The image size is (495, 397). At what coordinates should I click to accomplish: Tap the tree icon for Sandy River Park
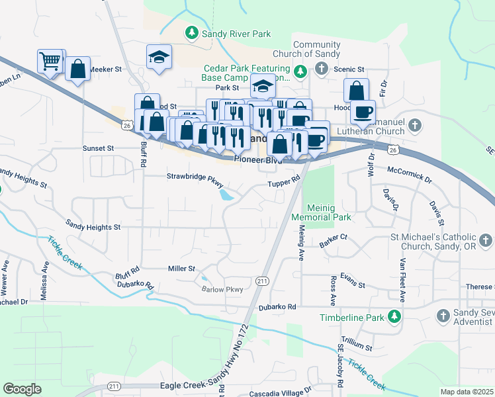(x=192, y=32)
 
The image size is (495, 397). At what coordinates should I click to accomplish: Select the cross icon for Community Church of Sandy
(x=321, y=68)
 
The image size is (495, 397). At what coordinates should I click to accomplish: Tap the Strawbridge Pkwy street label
(x=195, y=177)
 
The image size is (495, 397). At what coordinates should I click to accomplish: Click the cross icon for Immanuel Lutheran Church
(x=414, y=124)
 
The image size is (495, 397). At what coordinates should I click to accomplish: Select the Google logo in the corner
(x=22, y=389)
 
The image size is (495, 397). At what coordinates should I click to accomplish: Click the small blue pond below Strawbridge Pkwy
(x=227, y=195)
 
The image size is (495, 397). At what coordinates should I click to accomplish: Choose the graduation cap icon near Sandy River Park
(x=159, y=56)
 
